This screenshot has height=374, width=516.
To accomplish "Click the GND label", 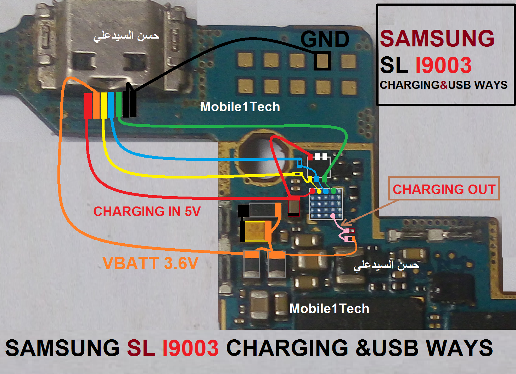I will [x=325, y=39].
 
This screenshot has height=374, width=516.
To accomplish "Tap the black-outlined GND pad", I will [x=322, y=61].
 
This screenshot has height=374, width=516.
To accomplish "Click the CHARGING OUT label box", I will [x=444, y=189].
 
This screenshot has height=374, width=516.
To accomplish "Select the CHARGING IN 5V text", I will [x=147, y=211].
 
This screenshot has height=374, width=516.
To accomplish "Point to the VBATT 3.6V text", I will [x=150, y=263].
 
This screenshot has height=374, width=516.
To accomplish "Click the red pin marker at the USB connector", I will [x=88, y=106].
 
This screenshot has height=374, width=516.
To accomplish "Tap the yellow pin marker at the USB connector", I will [x=104, y=105].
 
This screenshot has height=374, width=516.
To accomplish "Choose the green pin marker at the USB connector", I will [x=119, y=104].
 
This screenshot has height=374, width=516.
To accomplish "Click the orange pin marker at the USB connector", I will [x=96, y=105].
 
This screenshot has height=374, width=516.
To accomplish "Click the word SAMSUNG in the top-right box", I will [x=437, y=38].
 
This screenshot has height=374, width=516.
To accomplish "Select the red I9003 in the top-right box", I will [x=443, y=65].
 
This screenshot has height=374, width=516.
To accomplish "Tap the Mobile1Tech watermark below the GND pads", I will [x=240, y=107].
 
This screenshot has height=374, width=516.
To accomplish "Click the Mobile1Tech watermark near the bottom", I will [x=329, y=308].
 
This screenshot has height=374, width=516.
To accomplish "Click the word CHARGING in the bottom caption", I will [x=287, y=348].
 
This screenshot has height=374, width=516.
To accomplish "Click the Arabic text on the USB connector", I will [x=126, y=36].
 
